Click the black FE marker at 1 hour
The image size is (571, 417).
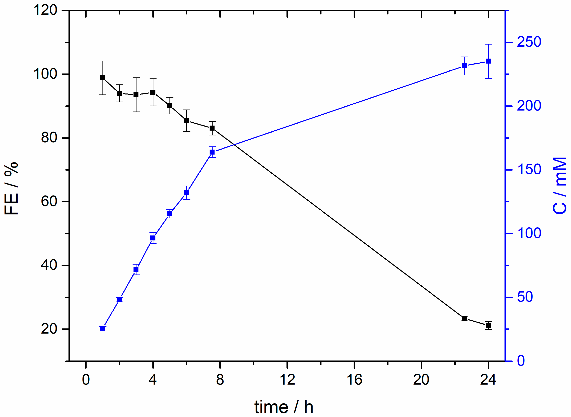coord(102,78)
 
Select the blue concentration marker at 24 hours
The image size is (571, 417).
coord(488,61)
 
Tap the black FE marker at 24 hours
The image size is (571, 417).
coord(488,325)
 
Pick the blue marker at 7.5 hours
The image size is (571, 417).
coord(212,152)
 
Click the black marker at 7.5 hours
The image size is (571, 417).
coord(212,128)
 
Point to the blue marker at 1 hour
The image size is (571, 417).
coord(102,328)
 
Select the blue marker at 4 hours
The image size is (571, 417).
coord(153,238)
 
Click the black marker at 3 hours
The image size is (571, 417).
coord(136,95)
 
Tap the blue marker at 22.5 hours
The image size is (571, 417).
coord(464,66)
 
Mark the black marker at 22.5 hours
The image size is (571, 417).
coord(464,318)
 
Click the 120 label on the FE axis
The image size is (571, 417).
coord(45,11)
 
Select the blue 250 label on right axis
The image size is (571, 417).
coord(529,42)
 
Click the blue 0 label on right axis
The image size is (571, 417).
coord(521,361)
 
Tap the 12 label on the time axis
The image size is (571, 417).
coord(287,380)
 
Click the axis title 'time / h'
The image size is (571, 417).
coord(284,407)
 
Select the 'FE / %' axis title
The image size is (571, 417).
coord(11,188)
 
